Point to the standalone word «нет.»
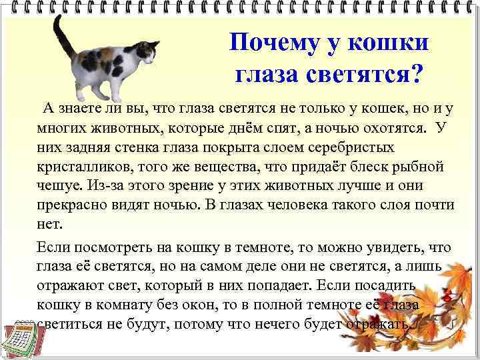click(x=50, y=224)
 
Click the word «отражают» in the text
click(x=72, y=286)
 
